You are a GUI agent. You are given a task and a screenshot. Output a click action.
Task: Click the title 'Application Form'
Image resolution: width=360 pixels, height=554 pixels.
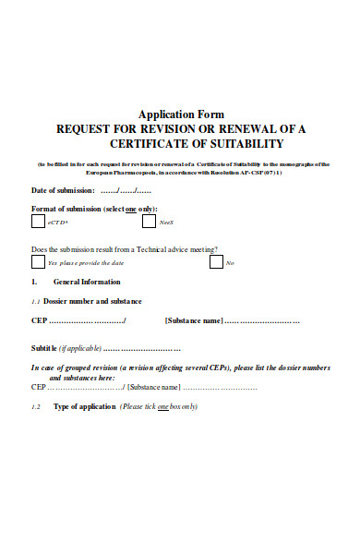(180, 114)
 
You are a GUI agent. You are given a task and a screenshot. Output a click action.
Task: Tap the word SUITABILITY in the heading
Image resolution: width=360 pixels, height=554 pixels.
(238, 144)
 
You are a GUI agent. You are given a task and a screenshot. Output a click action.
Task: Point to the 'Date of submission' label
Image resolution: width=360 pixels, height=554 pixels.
(62, 190)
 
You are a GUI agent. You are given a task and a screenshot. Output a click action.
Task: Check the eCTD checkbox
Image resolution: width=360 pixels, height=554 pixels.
(38, 222)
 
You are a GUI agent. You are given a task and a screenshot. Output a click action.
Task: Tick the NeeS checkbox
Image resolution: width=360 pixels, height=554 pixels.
(150, 222)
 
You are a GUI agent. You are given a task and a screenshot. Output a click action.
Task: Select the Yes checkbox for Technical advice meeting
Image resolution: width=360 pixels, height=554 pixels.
(38, 262)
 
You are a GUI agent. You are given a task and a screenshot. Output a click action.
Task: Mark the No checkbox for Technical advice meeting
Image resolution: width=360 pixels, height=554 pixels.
(216, 262)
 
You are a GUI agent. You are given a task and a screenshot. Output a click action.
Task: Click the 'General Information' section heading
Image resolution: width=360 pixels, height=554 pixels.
(87, 282)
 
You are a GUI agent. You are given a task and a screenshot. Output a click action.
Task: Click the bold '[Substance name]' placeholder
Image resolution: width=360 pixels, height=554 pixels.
(194, 320)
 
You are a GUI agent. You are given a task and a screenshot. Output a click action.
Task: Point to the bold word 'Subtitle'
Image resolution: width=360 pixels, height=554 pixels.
(44, 348)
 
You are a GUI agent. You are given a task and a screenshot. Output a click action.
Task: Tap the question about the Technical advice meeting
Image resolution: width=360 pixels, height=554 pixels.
(126, 249)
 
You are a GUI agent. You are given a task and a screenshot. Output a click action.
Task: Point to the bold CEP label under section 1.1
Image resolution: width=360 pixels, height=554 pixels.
(39, 320)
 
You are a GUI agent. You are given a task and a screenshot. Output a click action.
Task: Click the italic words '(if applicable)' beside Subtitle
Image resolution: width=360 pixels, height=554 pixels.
(79, 348)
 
